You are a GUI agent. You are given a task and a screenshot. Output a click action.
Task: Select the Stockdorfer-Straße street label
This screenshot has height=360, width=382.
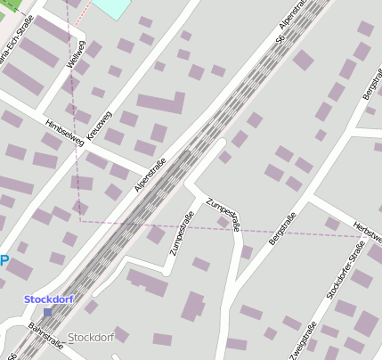(345, 269)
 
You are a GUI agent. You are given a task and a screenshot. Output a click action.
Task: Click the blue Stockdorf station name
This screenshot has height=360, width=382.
(48, 299)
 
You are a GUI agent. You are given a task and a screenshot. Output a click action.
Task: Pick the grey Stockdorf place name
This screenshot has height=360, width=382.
(91, 338)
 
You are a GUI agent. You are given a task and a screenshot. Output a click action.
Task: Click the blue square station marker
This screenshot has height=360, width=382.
(47, 312)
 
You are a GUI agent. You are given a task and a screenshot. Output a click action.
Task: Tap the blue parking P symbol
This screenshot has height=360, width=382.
(4, 261)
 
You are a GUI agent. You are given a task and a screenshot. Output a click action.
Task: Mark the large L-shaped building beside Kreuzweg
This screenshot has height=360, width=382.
(158, 105)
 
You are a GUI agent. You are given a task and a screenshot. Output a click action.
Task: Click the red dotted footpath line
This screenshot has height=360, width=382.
(82, 13)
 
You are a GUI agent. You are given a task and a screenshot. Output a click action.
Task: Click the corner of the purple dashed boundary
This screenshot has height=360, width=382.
(81, 219)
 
